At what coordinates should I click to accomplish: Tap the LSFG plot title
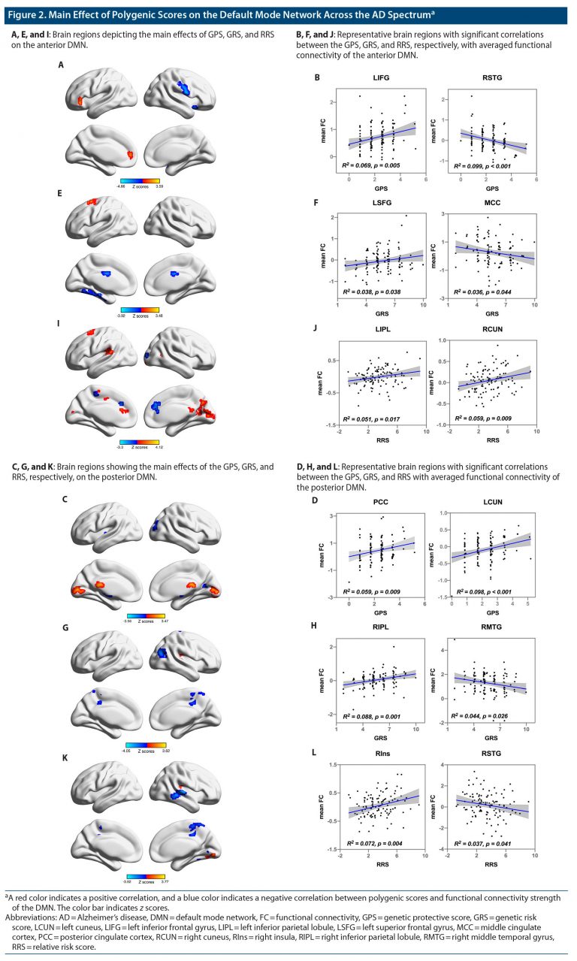tap(382, 202)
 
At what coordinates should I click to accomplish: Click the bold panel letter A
tap(61, 65)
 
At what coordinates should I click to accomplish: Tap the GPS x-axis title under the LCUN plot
tap(493, 612)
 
